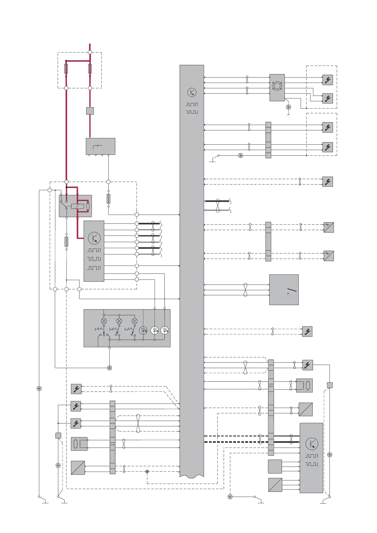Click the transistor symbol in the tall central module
pos(192,92)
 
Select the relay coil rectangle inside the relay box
pos(78,206)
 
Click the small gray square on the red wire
pos(90,111)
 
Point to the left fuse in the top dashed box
pos(66,68)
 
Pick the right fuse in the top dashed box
pos(90,68)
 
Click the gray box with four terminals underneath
pos(100,146)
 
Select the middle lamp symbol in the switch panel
pos(119,321)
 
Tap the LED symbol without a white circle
pos(143,330)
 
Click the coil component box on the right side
pos(304,385)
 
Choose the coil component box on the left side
pos(79,444)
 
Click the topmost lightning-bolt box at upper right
pos(328,80)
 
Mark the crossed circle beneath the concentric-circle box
pos(288,107)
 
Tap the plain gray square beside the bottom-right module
pos(275,466)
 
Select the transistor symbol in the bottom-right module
pos(312,444)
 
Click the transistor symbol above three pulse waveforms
pos(94,238)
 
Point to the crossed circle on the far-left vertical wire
pos(39,388)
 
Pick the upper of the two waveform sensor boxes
pos(329,227)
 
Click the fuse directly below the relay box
pos(66,241)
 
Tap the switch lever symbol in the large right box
pos(292,290)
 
